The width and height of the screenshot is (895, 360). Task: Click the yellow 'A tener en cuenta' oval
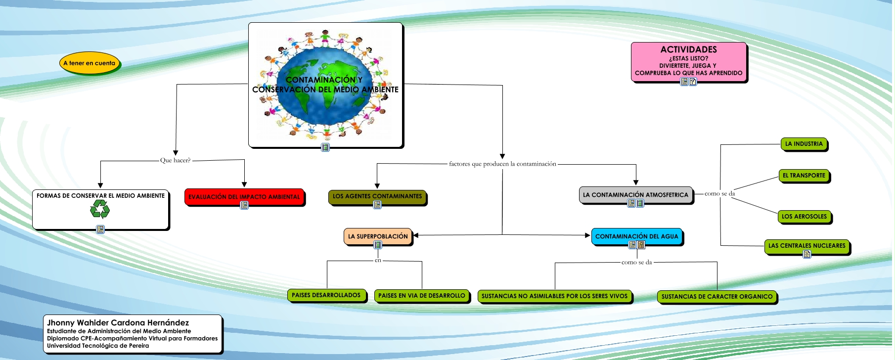89,63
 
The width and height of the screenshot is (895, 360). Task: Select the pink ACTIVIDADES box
688,61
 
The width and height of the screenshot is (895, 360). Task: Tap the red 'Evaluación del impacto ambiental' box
244,196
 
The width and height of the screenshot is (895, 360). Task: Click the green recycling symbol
100,209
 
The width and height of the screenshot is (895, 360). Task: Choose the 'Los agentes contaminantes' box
377,196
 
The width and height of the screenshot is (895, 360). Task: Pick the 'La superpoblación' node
378,236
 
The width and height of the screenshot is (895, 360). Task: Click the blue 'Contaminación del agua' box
636,236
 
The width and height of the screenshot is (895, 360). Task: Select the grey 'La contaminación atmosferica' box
635,195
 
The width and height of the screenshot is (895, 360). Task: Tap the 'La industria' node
804,144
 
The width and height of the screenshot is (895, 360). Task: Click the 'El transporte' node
804,176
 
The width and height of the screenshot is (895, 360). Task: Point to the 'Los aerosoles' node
804,217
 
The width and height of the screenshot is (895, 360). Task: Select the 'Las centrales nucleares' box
806,246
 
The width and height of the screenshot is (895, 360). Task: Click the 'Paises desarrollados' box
326,295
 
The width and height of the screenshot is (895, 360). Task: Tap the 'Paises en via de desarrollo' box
422,296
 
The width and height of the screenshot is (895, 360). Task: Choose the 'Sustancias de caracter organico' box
716,297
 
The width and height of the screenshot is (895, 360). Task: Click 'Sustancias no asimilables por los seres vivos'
554,296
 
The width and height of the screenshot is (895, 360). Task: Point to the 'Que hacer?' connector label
175,160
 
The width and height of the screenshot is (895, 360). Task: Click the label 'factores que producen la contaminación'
502,164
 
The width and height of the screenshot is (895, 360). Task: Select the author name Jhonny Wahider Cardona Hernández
118,323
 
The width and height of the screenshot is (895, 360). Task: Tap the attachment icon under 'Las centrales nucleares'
807,254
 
